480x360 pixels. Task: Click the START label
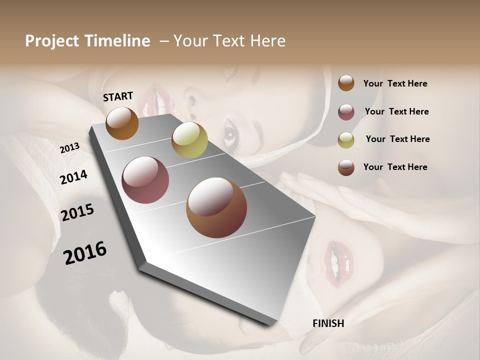(118, 96)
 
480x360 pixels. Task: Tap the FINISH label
(328, 323)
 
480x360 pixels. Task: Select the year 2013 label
(70, 147)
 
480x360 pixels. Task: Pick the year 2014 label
(74, 177)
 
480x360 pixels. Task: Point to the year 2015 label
(77, 212)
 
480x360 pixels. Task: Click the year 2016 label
(85, 253)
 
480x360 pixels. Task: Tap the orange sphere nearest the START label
(122, 123)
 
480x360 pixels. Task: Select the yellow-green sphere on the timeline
(189, 140)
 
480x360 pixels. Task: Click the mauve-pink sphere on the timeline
(145, 180)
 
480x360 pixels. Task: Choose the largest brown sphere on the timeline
(216, 207)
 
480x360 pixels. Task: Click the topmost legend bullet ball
(346, 83)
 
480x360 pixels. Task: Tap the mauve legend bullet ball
(346, 112)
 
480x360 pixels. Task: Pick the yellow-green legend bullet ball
(346, 140)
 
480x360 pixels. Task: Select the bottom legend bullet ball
(346, 167)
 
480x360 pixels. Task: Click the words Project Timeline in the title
(87, 41)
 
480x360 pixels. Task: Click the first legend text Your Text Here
(395, 83)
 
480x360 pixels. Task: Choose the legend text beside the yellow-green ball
(397, 139)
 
